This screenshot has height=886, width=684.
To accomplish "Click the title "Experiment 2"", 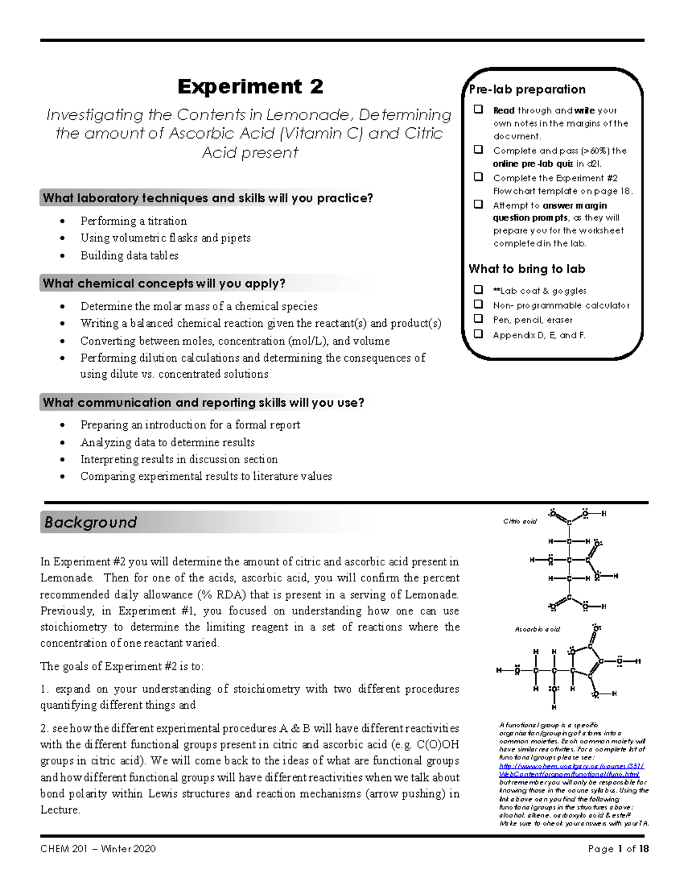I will click(x=250, y=87).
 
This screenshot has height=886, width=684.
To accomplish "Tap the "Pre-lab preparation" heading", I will click(x=527, y=90).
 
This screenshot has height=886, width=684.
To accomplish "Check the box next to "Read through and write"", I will click(x=479, y=110).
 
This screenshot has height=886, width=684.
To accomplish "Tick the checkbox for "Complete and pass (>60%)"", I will click(x=479, y=150).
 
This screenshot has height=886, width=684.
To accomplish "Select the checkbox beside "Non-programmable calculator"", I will click(x=479, y=305).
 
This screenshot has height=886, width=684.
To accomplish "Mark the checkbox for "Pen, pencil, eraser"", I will click(x=479, y=319).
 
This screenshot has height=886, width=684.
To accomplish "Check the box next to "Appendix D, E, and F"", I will click(x=479, y=334).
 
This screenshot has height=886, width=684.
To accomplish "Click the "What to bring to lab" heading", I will click(x=527, y=269).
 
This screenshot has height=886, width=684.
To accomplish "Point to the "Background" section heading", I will click(x=91, y=523).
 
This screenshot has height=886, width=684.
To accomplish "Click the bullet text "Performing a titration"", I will click(x=133, y=221).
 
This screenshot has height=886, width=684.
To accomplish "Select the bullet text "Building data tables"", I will click(x=129, y=256).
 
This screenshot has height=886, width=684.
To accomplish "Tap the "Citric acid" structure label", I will click(x=519, y=521).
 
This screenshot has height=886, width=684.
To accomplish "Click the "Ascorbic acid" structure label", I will click(x=537, y=629).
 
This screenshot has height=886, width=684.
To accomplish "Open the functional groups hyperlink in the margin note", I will click(x=570, y=770).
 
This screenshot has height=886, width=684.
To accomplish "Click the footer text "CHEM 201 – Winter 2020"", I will click(x=98, y=849).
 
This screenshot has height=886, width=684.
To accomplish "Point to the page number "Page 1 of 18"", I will click(x=618, y=849).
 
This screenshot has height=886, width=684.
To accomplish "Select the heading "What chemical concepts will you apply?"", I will click(x=164, y=284).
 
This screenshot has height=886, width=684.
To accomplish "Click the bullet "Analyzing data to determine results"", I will click(x=168, y=443).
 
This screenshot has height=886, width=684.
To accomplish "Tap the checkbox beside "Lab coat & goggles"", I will click(x=479, y=290).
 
